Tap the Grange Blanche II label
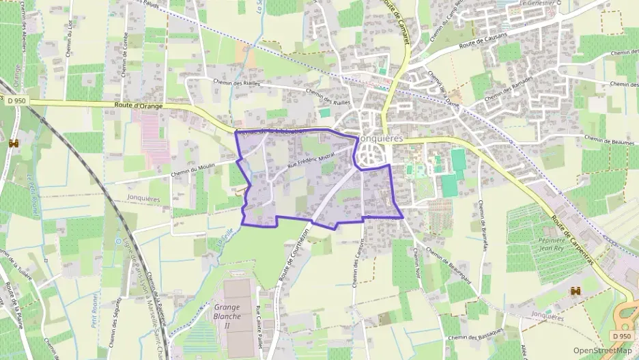point(227,316)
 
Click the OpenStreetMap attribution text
point(603,350)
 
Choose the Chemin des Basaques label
point(477,334)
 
